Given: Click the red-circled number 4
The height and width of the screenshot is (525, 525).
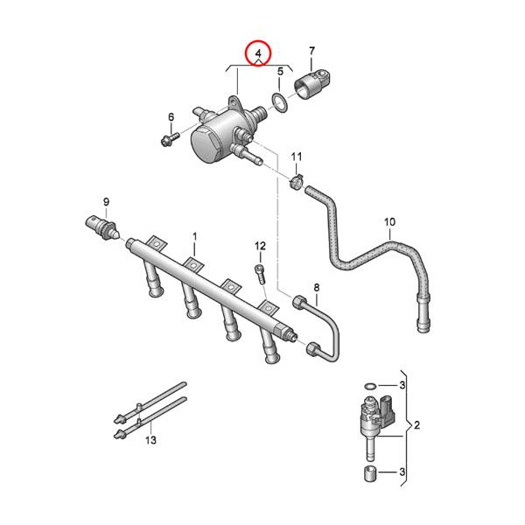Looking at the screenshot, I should click(x=258, y=54).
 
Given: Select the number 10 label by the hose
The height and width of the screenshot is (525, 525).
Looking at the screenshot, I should click(x=389, y=222).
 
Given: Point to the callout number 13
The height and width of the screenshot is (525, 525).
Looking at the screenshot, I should click(x=150, y=440).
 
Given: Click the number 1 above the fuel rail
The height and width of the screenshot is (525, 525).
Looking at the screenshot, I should click(x=194, y=236).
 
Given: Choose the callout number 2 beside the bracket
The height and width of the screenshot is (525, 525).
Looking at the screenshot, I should click(x=417, y=426).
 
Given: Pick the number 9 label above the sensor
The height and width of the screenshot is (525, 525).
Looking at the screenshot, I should click(x=106, y=202).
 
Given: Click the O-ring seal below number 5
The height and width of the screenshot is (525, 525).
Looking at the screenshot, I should click(x=279, y=103).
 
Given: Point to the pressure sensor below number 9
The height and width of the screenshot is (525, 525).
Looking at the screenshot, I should click(x=102, y=227).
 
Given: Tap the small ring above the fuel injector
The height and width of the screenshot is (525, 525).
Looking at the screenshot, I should click(x=370, y=385).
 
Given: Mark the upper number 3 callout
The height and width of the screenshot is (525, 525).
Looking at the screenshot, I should click(x=402, y=385).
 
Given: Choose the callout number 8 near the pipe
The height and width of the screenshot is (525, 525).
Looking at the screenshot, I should click(x=316, y=288).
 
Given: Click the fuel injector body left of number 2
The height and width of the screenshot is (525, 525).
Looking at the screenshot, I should click(x=373, y=422).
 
